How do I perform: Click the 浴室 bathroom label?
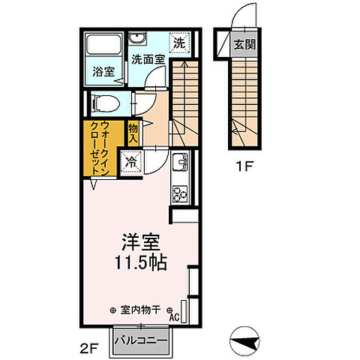[x=104, y=73]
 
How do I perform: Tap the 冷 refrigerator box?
[x=132, y=160]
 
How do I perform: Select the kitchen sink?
[x=180, y=161]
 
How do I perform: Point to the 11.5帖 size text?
[x=141, y=264]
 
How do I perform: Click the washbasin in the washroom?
[x=138, y=40]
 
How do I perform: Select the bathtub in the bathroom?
[x=104, y=44]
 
